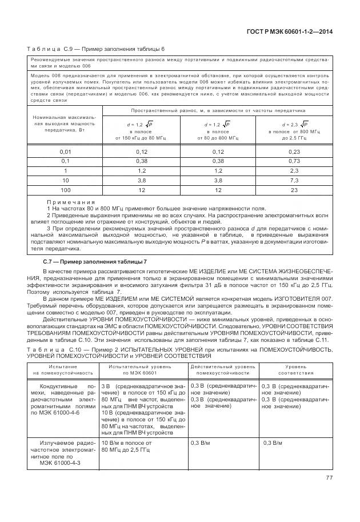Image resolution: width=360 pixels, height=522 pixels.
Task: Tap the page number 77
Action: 329,478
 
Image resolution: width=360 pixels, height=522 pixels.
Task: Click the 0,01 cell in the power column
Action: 66,151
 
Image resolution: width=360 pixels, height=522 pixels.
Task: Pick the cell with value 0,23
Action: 294,151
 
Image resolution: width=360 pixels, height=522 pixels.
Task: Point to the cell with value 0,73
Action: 294,161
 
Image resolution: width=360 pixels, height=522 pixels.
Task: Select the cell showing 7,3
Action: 294,180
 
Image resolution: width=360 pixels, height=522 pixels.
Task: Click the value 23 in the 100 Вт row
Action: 294,189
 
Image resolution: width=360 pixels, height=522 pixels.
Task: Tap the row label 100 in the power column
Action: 66,189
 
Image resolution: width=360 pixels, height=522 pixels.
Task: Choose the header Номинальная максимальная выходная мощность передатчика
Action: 66,123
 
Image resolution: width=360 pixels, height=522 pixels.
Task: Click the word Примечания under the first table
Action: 71,202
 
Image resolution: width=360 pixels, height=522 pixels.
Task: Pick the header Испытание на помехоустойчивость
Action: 63,369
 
